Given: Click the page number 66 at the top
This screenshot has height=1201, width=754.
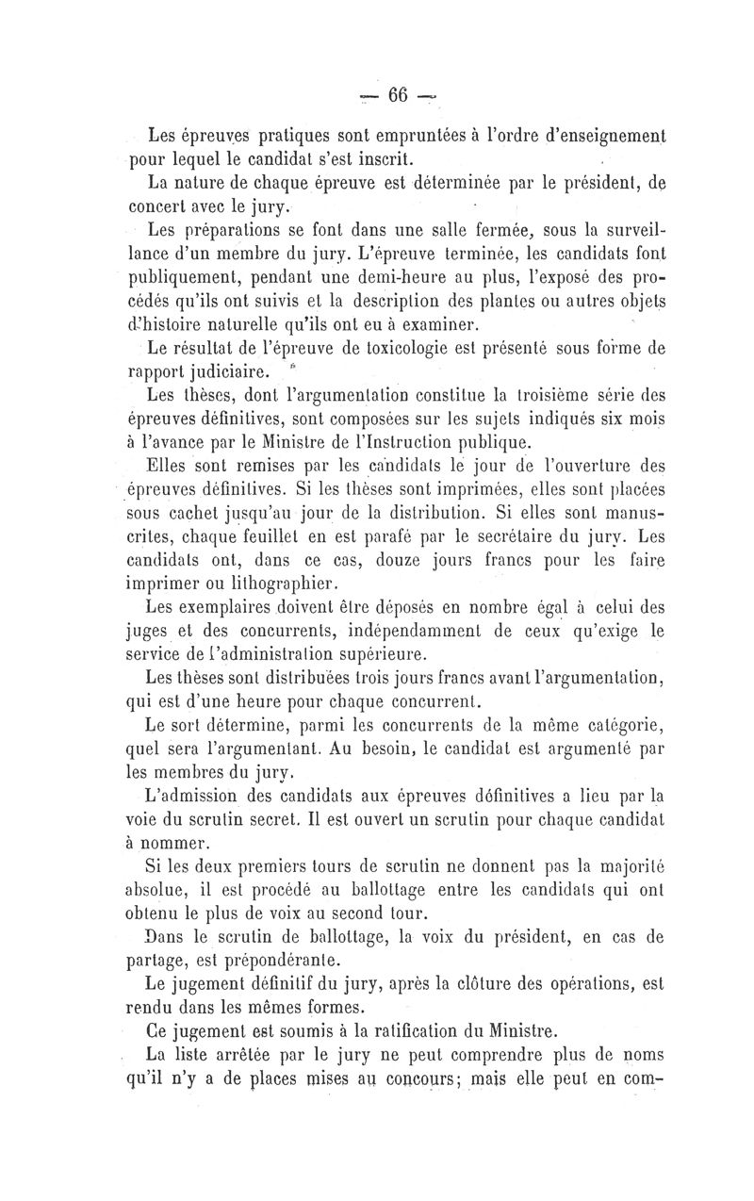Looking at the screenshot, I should click(x=396, y=94).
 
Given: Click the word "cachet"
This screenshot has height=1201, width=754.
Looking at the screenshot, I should click(x=175, y=516).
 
